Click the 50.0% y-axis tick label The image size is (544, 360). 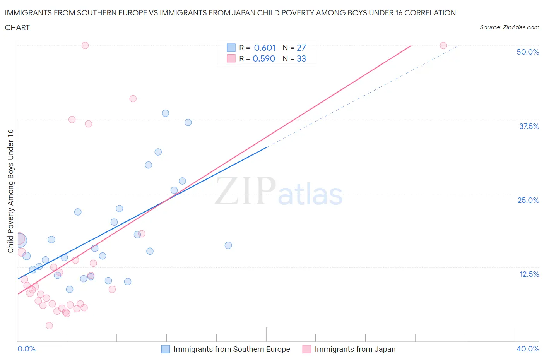[527, 52]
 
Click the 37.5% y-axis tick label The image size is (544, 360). [529, 126]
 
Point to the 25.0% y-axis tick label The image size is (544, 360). [528, 200]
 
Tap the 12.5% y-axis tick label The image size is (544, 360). [529, 274]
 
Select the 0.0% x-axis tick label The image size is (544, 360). [26, 349]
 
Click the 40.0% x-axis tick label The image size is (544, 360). [527, 349]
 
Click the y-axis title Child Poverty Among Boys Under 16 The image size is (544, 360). [10, 191]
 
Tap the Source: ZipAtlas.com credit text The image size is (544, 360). [509, 27]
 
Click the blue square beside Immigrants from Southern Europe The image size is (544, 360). [165, 349]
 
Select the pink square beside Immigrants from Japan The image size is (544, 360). [306, 349]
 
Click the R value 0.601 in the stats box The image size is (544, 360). [265, 48]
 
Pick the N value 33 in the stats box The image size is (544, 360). [301, 58]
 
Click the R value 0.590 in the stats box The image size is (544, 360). [264, 58]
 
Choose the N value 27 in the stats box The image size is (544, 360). [301, 48]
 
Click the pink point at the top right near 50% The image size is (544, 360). [443, 45]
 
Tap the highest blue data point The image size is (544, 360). [165, 113]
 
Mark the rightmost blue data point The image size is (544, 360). [228, 245]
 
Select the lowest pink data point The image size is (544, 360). [49, 326]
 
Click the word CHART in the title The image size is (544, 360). [17, 27]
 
